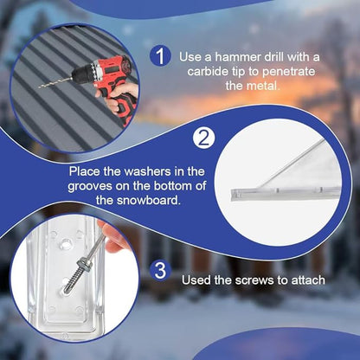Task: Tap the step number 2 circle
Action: (x=203, y=138)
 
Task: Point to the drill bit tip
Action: (x=41, y=85)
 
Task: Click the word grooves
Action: (x=95, y=185)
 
